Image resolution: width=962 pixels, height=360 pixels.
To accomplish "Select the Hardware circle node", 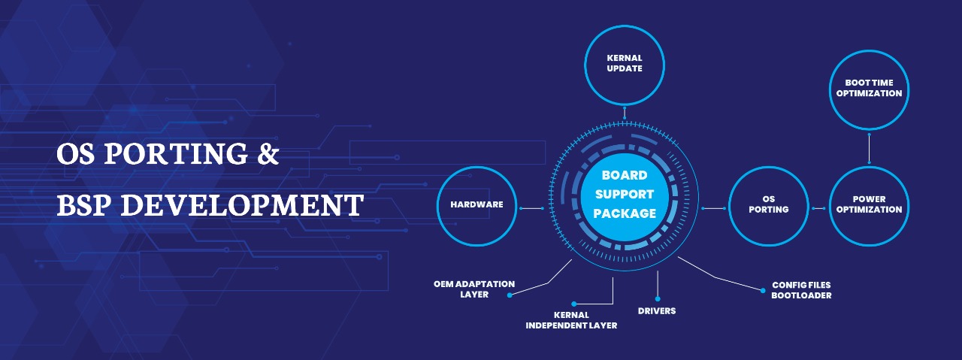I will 476,205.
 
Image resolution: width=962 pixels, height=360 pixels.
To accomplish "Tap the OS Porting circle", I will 768,205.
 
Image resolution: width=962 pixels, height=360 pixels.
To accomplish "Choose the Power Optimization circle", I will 869,205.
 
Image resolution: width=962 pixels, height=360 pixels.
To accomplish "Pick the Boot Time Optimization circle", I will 869,89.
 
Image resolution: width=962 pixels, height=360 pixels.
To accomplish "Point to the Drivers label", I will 657,310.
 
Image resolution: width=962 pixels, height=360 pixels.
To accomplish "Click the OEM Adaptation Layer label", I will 474,289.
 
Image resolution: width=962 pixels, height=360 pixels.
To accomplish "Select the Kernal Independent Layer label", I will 571,320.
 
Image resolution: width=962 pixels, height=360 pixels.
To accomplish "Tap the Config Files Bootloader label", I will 801,291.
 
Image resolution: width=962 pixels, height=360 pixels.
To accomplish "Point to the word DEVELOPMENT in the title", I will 242,204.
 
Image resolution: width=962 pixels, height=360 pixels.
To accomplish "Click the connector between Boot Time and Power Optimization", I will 869,147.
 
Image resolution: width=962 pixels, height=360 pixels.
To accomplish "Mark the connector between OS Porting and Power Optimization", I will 818,207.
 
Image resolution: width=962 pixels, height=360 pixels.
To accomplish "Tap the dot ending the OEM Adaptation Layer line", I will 510,295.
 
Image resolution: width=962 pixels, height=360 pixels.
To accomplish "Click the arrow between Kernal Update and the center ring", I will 624,114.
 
